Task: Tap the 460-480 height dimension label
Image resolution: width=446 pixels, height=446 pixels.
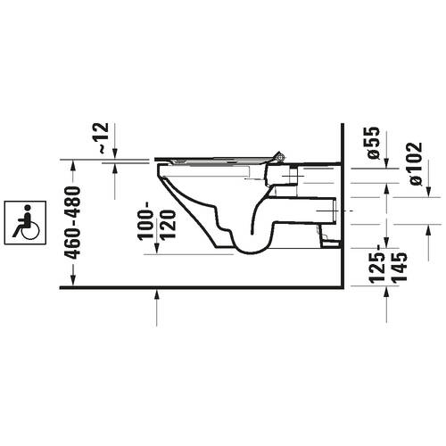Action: (x=74, y=221)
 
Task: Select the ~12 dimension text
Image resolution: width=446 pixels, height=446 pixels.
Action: (x=107, y=139)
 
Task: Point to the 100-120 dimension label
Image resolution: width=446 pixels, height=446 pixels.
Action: (x=156, y=225)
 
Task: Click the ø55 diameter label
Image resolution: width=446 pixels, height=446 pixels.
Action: (x=373, y=143)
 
